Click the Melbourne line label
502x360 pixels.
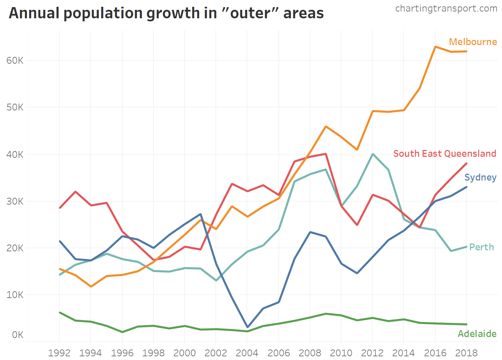(473, 42)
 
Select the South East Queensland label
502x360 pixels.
(444, 154)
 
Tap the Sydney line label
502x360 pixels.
(480, 177)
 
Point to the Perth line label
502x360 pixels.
(481, 247)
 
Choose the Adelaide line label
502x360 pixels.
(477, 334)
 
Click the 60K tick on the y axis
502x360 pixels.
(15, 61)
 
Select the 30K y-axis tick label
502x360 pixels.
(15, 202)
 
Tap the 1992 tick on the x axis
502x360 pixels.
(59, 353)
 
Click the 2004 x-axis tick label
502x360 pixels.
(247, 353)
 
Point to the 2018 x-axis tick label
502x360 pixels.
(466, 353)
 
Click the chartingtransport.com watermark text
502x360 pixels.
(446, 8)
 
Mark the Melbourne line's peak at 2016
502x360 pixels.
(435, 47)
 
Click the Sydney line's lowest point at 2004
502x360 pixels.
(247, 327)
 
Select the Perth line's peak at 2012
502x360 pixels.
(373, 154)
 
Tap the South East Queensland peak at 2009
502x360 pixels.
(326, 154)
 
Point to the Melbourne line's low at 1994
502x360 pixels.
(91, 287)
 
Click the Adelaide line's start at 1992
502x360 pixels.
(60, 313)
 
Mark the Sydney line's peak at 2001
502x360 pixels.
(201, 214)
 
